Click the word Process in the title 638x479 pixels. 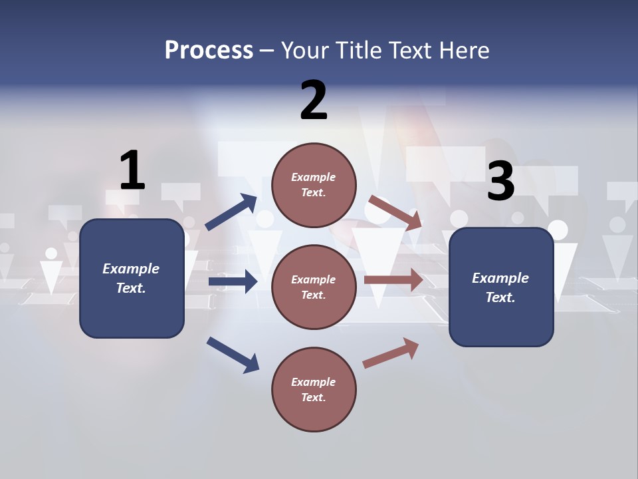pos(209,50)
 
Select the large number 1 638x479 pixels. pos(132,171)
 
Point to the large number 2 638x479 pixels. pos(314,100)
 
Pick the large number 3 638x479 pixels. pos(500,181)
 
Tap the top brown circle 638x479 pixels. pos(314,185)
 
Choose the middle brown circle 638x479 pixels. pos(314,287)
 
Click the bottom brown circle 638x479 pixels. pos(314,390)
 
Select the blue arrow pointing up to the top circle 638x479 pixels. pos(231,212)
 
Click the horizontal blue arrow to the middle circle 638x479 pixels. pos(233,281)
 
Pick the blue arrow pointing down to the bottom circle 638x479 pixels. pos(233,355)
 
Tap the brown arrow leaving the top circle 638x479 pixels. pos(395,212)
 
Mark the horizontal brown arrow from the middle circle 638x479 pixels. pos(393,279)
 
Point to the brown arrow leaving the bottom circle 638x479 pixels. pos(391,353)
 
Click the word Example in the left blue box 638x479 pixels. pos(131,269)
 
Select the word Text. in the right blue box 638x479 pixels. pos(500,297)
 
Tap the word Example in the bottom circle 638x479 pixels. pos(314,382)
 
